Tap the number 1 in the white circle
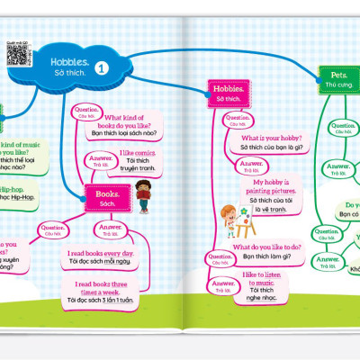click(x=101, y=67)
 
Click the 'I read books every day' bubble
click(x=101, y=258)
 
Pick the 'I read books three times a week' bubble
click(x=101, y=290)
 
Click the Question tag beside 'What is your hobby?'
click(x=237, y=120)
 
